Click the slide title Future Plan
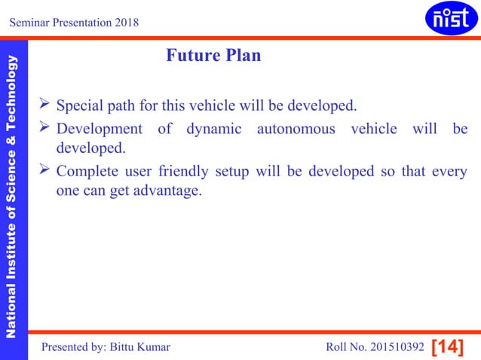(x=213, y=56)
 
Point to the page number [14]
(x=447, y=347)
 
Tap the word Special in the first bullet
(x=81, y=103)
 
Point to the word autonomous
(x=296, y=129)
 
